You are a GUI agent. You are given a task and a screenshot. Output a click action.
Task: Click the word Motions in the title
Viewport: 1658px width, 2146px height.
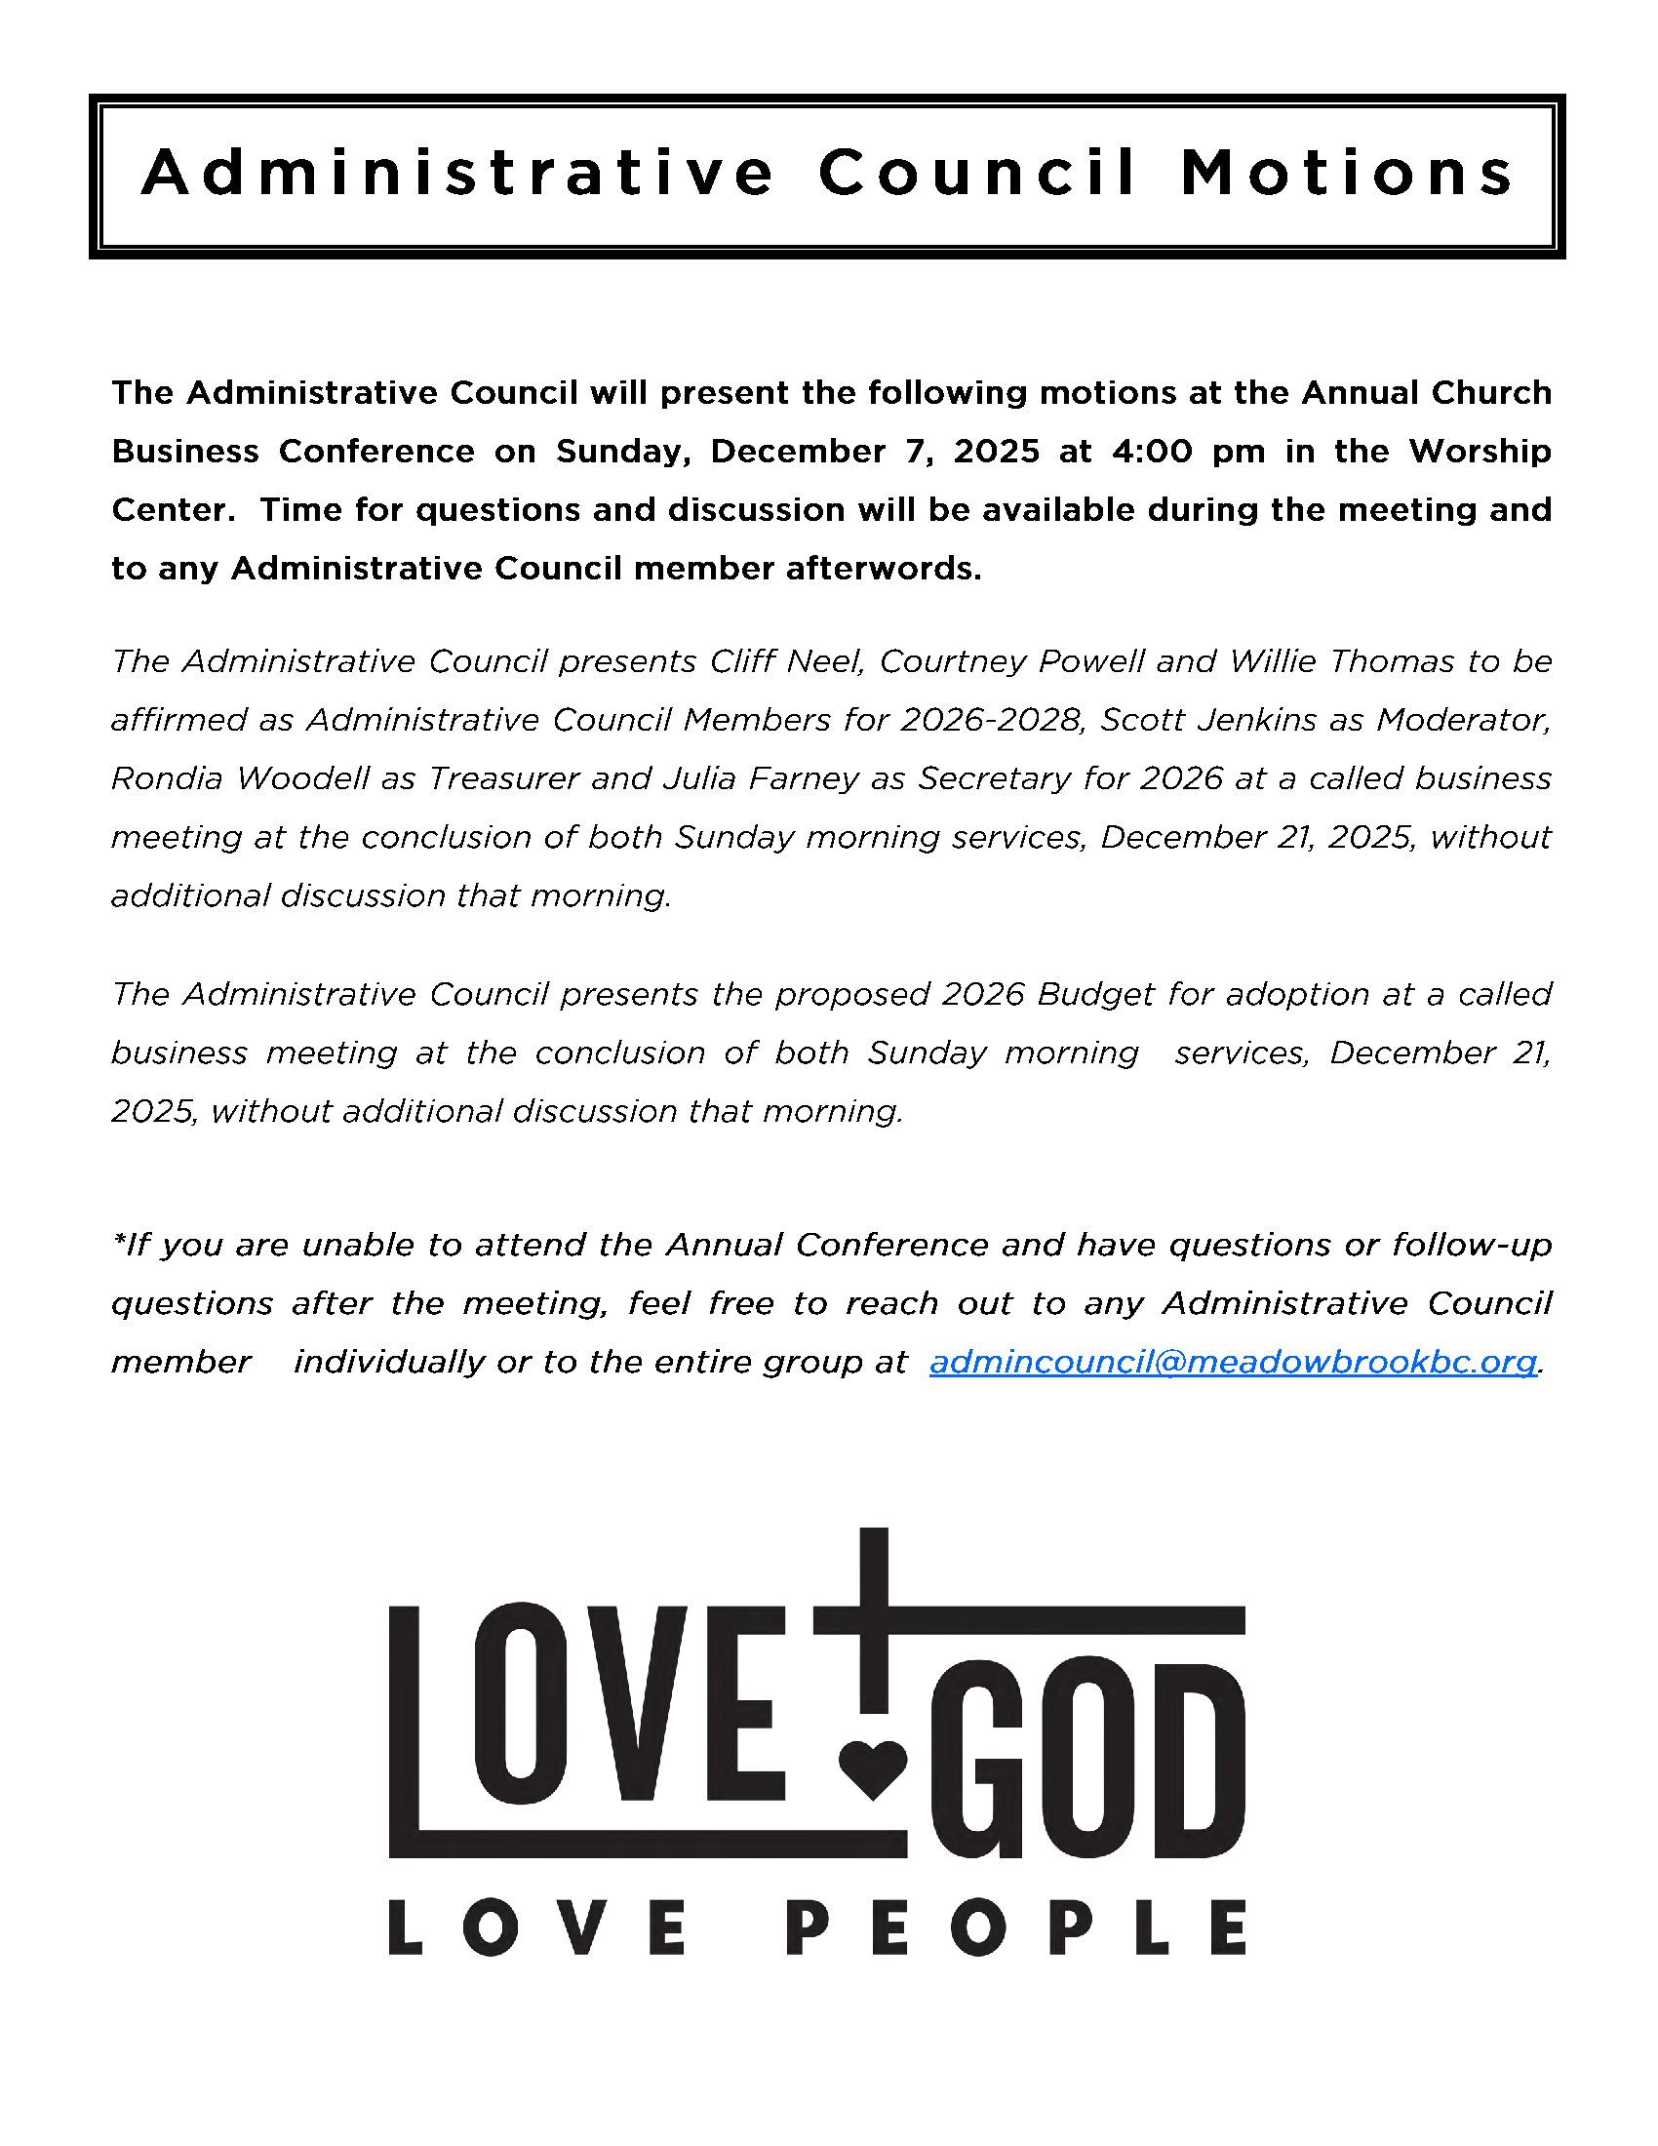click(1348, 173)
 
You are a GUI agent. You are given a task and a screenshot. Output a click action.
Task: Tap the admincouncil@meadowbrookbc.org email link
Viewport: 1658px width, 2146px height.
click(1233, 1362)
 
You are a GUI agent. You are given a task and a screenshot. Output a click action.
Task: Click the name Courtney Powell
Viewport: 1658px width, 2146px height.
click(1011, 661)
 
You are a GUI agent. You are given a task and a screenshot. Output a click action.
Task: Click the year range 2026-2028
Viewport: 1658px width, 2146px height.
click(992, 720)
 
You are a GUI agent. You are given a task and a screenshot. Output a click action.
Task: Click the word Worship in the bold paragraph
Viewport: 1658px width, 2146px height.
click(1480, 451)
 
